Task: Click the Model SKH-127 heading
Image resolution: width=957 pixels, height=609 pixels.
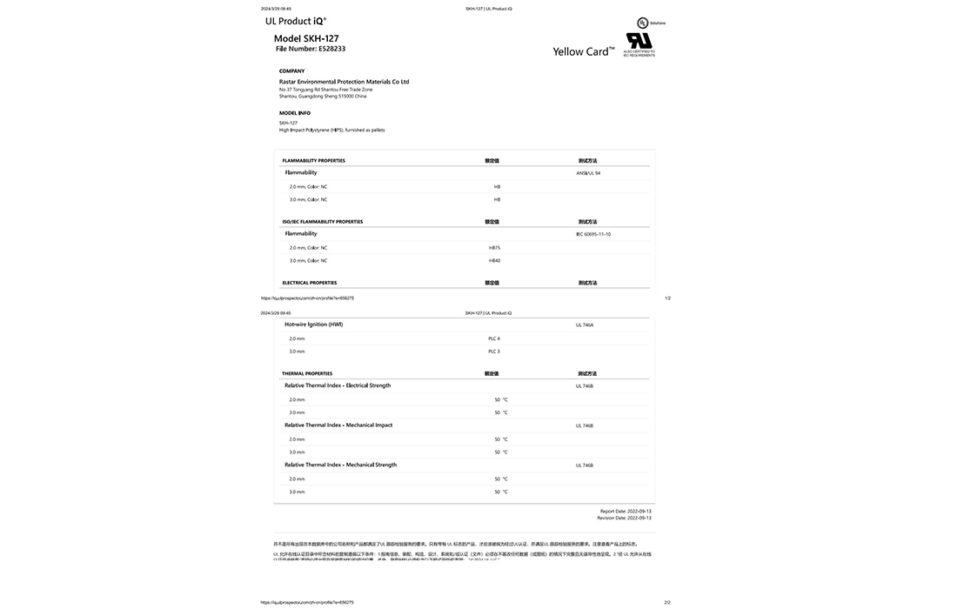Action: tap(306, 38)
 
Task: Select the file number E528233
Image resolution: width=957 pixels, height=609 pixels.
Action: tap(311, 49)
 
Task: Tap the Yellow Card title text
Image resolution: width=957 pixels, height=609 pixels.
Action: tap(583, 51)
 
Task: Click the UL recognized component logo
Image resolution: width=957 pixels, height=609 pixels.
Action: tap(639, 40)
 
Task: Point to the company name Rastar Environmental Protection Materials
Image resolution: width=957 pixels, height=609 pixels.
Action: tap(344, 82)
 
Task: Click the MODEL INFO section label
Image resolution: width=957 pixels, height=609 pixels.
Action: tap(295, 113)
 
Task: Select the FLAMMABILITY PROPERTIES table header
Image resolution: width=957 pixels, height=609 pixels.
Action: tap(313, 161)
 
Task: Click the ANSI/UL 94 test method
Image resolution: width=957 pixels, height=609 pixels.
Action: tap(588, 173)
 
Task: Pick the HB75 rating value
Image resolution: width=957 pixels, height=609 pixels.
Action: tap(495, 248)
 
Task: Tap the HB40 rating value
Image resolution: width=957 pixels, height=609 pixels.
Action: tap(495, 261)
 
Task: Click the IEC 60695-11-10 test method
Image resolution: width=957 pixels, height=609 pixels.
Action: tap(593, 234)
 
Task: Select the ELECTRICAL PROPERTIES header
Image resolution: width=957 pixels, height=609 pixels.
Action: tap(310, 283)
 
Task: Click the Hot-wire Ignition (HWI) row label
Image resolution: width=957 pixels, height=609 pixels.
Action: tap(313, 325)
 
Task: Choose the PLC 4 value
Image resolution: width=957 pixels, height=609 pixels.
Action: tap(494, 338)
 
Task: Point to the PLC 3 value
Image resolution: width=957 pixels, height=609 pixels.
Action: tap(494, 351)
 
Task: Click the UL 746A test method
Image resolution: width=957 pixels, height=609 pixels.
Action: tap(585, 325)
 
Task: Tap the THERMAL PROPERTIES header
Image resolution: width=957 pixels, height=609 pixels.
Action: tap(307, 374)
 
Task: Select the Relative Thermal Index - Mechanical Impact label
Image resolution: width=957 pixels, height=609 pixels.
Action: tap(338, 425)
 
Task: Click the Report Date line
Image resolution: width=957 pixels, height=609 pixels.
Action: tap(626, 512)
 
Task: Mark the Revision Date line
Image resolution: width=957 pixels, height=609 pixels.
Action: tap(624, 518)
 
